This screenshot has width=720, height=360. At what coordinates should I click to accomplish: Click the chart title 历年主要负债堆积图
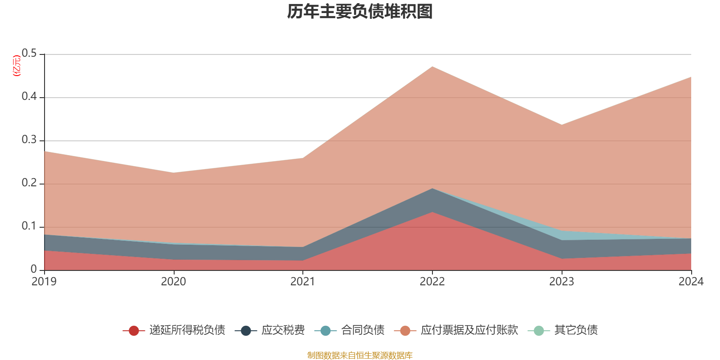point(360,12)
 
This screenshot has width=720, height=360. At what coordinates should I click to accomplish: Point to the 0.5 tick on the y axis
point(30,54)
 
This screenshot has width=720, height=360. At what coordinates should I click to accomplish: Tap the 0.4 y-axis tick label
point(30,97)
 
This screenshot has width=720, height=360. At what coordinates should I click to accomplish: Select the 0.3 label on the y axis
point(30,140)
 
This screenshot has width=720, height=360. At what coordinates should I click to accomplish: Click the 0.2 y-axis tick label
point(30,183)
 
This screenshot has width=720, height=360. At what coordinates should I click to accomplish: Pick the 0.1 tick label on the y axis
point(30,226)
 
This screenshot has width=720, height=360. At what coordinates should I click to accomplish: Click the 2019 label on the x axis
point(44,282)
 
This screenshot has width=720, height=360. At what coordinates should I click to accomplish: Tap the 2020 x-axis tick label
point(173,282)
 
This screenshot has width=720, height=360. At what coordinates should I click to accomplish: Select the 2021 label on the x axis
point(303,282)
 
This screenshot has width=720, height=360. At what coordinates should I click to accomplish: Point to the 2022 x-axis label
point(432,282)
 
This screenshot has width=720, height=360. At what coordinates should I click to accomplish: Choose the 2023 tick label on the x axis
point(562,282)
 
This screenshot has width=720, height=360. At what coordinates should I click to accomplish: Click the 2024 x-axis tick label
point(691,282)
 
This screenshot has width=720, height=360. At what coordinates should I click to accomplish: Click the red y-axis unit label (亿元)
point(17,66)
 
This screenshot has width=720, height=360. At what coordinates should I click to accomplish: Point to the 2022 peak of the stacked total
point(432,67)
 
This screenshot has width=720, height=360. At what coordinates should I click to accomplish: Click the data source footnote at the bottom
point(360,355)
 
